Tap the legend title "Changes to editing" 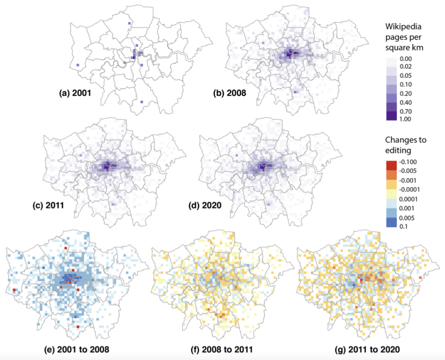405,145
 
